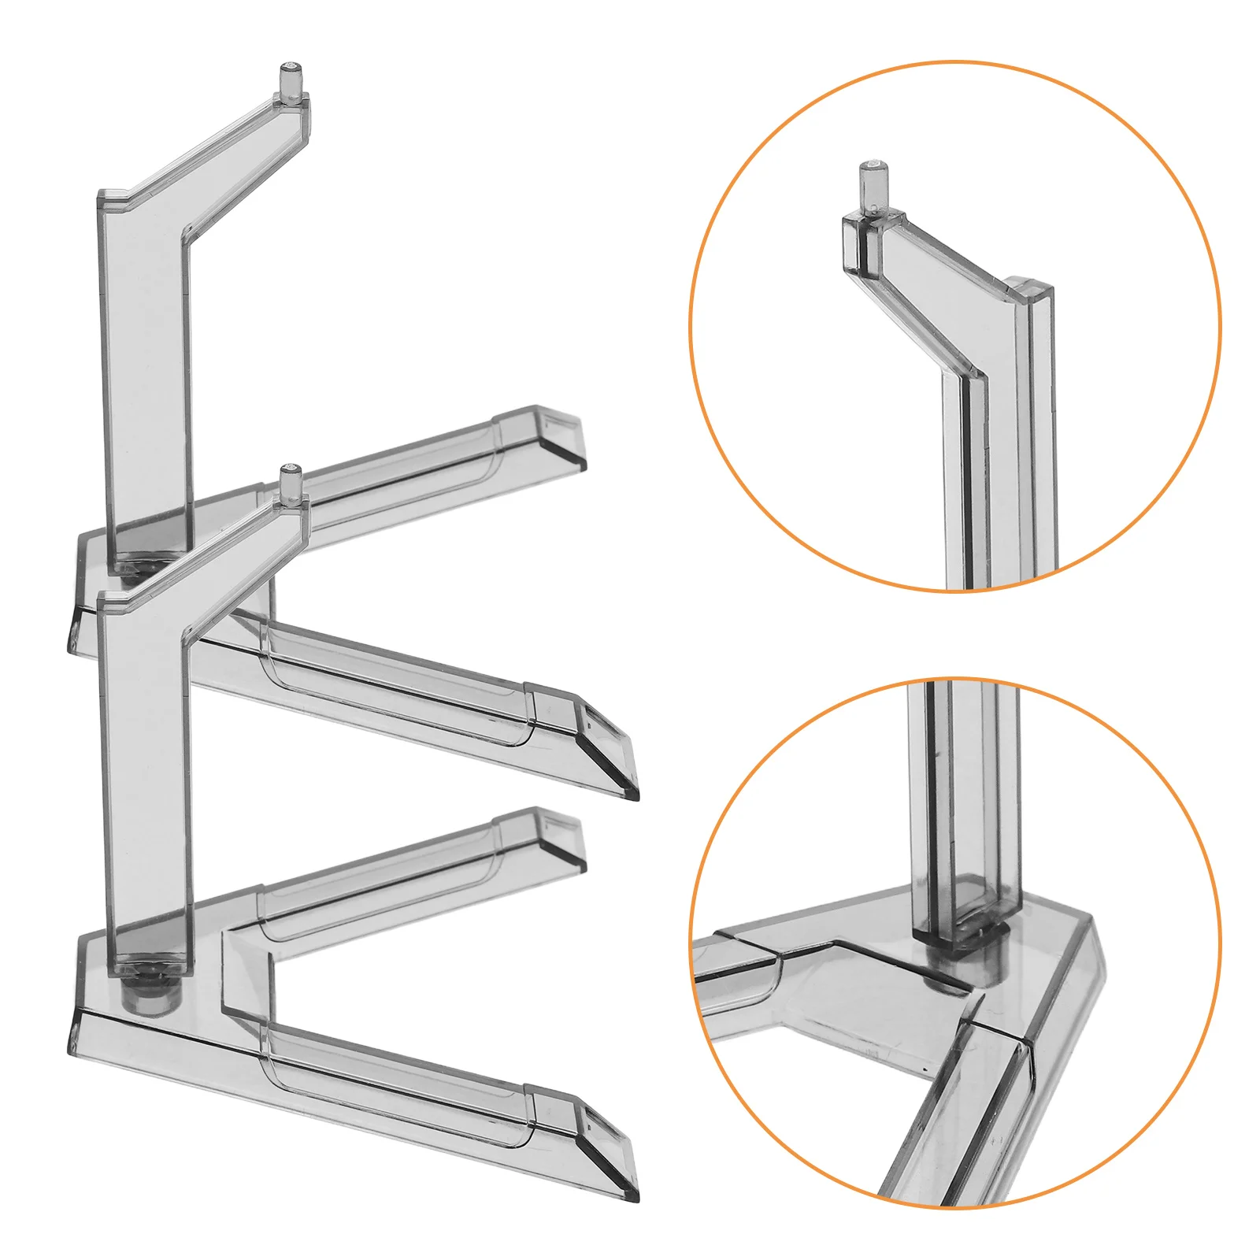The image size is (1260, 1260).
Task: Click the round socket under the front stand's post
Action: pyautogui.click(x=148, y=996)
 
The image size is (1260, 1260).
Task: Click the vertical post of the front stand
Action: pyautogui.click(x=146, y=780)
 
